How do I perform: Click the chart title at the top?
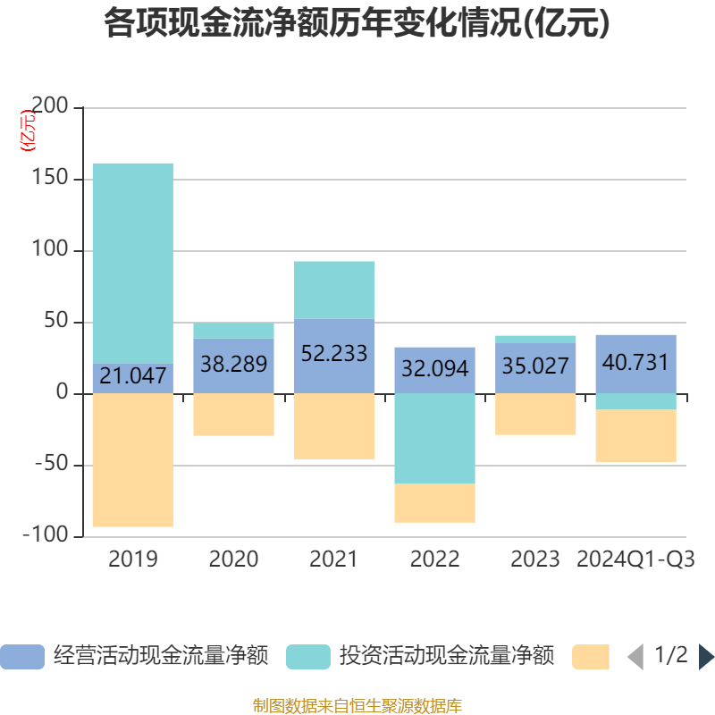pos(357,24)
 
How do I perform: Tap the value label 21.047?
pos(133,376)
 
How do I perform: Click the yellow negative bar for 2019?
pos(133,460)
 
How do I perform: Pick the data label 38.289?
pos(233,365)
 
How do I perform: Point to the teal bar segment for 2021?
pos(334,290)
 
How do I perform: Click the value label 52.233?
pos(334,354)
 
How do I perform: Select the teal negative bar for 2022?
pos(434,439)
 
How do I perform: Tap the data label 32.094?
pos(434,368)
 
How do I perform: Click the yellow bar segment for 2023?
pos(535,415)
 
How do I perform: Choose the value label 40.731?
pos(635,363)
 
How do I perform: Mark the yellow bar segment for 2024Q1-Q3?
pos(635,436)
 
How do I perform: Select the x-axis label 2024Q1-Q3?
pos(635,559)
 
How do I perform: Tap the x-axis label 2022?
pos(434,559)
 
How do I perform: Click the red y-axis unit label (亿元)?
pos(29,130)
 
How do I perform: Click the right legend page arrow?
pos(706,657)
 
